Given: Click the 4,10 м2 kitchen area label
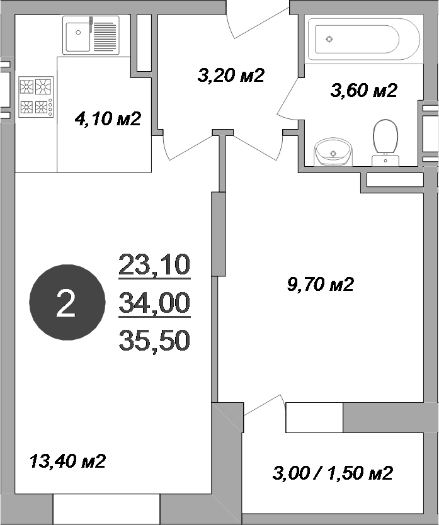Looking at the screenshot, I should point(107,118).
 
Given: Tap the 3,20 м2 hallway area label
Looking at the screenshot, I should point(230,76).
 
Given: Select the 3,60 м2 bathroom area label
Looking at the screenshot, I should point(363,91).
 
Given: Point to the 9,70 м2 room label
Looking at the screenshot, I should point(320,285).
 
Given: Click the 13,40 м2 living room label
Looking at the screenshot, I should point(67,461).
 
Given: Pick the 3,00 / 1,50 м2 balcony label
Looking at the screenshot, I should point(333,473).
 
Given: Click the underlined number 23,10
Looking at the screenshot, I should point(154,266).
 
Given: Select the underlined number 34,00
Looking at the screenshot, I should point(154,304).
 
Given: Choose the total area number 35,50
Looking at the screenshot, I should point(154,341).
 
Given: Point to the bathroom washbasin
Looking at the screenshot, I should point(333,152).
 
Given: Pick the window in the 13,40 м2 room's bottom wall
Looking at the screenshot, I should point(106,509).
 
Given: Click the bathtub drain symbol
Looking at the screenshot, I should point(329,39).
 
